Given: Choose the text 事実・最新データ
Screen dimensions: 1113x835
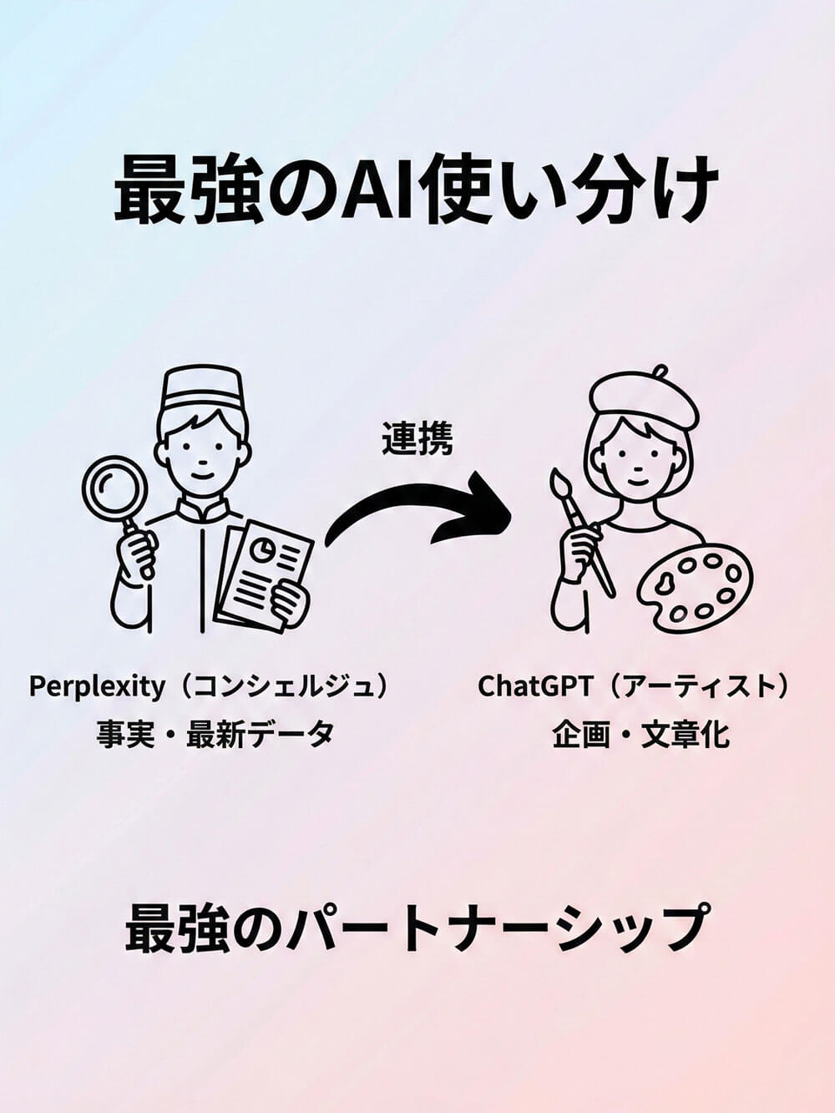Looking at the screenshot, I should [215, 734].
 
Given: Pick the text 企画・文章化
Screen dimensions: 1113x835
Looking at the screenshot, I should [640, 734].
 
